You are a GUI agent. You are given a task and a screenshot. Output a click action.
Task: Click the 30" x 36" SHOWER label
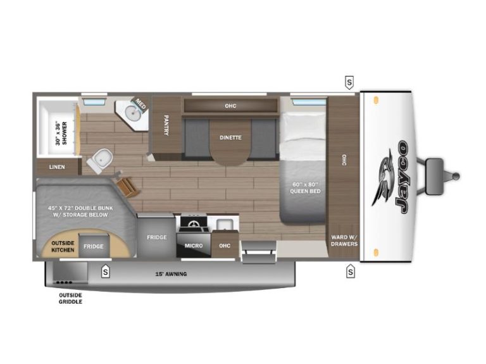(61, 133)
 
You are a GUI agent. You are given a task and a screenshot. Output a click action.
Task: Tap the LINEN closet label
(57, 167)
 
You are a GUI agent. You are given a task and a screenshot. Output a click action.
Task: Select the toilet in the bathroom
(100, 160)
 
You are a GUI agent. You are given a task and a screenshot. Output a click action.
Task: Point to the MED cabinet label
(140, 104)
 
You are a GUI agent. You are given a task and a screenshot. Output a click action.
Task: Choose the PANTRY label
(166, 125)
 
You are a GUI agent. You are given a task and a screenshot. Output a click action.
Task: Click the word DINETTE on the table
(230, 137)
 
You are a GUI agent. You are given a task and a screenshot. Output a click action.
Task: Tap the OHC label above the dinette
(230, 106)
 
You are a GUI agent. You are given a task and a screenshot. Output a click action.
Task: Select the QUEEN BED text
(305, 191)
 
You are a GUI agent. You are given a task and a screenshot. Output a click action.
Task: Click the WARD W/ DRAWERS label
(344, 241)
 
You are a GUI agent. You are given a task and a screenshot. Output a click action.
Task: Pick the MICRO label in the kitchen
(194, 246)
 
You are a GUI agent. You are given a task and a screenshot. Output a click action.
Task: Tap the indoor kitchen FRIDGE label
(157, 237)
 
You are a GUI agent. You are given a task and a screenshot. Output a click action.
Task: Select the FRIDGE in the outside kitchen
(93, 246)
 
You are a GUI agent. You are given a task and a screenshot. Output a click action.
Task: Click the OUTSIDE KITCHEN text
(63, 246)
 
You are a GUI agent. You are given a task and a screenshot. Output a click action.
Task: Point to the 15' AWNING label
(171, 274)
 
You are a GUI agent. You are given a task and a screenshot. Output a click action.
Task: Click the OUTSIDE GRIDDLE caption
(70, 298)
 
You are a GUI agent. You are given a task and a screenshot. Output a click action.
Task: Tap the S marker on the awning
(106, 272)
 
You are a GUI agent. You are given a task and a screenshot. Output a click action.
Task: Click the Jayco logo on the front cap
(390, 177)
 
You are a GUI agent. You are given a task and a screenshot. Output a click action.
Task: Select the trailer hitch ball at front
(456, 177)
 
